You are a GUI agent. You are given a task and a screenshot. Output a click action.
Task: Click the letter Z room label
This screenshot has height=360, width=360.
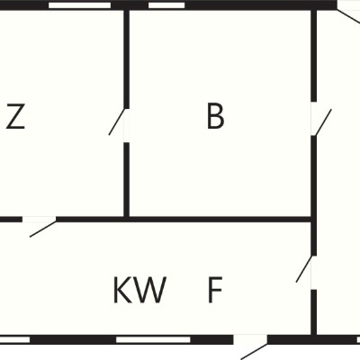point(15,116)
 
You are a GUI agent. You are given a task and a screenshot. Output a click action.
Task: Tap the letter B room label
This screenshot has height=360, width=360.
point(215,116)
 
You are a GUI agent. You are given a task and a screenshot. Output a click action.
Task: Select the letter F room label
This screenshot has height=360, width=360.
point(215,290)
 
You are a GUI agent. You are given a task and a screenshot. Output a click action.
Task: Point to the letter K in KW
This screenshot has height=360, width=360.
point(122,290)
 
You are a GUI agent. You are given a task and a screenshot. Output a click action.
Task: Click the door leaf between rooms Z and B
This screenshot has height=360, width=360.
point(117,121)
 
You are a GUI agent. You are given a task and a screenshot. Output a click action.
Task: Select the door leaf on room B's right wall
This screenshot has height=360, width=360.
point(323,122)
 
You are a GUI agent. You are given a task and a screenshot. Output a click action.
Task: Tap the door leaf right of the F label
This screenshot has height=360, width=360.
point(304,269)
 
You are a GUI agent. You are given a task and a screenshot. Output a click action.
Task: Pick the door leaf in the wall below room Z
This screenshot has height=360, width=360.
point(42,229)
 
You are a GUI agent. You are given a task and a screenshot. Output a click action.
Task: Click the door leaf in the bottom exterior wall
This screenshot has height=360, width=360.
point(254,352)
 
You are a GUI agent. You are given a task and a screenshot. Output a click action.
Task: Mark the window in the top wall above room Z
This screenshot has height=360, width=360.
point(80,5)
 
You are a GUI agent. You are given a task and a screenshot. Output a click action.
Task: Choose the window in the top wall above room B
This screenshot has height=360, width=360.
point(166,5)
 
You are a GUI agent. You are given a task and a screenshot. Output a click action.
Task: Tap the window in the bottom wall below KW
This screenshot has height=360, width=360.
point(153,340)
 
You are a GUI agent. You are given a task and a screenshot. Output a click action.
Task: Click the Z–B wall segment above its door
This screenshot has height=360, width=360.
point(127,59)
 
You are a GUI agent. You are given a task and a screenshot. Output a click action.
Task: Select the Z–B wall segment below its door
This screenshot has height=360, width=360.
point(127,180)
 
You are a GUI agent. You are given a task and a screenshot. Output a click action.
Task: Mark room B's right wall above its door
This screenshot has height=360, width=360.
point(314,56)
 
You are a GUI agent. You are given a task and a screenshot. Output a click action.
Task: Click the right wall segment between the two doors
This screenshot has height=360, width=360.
point(314,195)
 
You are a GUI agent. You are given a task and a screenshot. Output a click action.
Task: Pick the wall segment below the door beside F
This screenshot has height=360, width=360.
point(314,312)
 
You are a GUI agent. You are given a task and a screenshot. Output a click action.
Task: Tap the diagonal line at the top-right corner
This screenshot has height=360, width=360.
point(348,16)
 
